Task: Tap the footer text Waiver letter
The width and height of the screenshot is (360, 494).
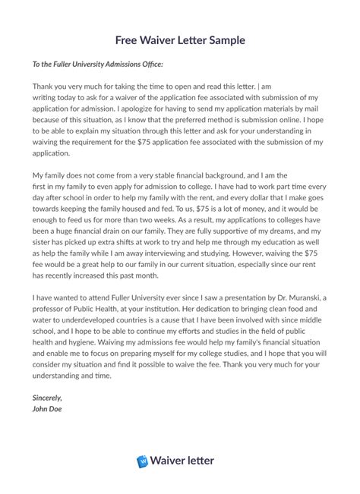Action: click(188, 460)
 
